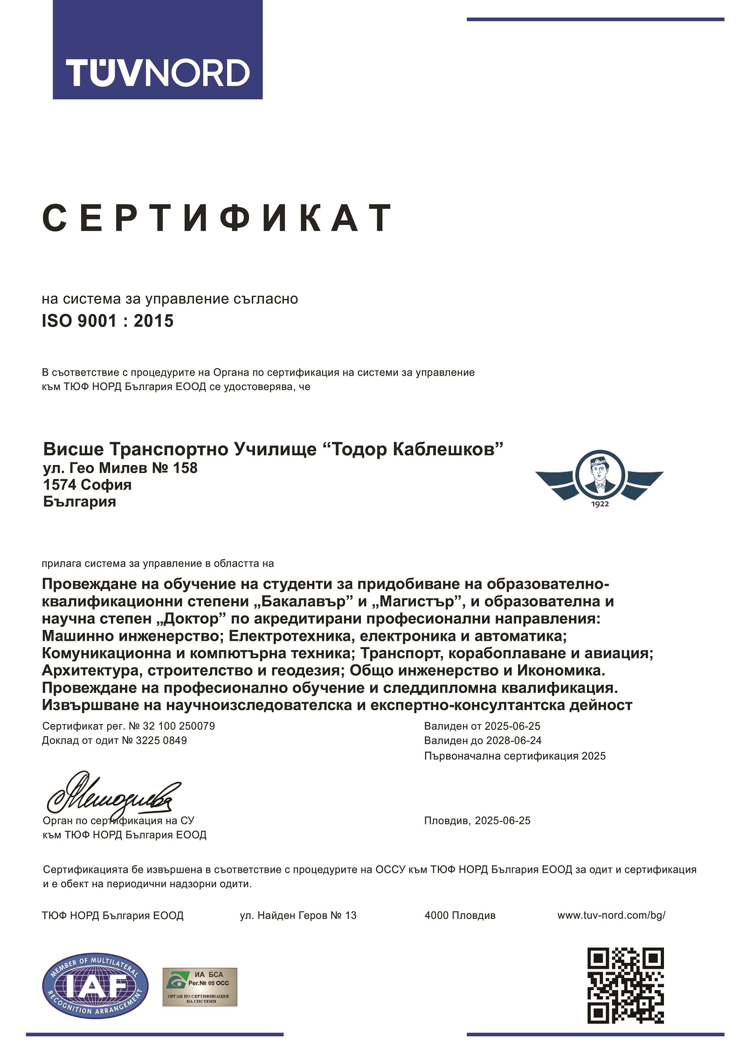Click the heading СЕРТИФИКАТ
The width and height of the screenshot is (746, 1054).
coord(217,218)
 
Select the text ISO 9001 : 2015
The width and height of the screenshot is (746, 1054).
coord(108,321)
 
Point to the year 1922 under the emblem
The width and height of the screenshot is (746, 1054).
coord(600,504)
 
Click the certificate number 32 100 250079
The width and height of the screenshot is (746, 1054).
coord(179,726)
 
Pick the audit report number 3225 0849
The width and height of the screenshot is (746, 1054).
coord(161,740)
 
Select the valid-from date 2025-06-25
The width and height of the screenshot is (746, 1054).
coord(512,726)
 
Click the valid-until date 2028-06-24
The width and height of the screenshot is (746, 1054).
coord(513,740)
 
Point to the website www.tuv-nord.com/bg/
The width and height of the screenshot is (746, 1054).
coord(611,915)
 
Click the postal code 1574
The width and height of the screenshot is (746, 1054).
coord(59,485)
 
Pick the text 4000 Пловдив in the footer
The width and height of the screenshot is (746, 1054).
coord(460,915)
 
